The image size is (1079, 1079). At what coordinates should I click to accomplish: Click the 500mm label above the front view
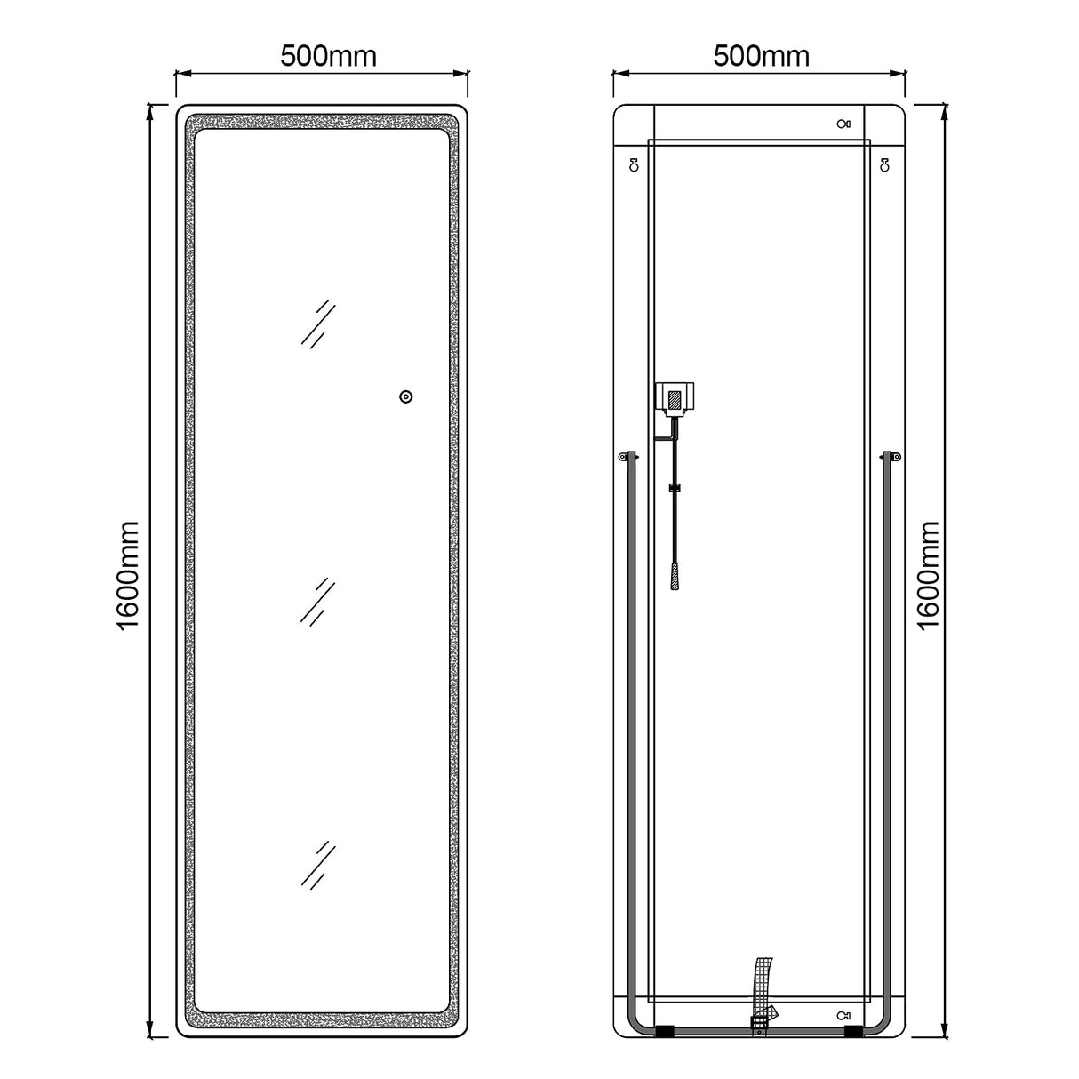(x=329, y=56)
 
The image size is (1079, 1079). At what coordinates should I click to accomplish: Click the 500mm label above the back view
(x=762, y=56)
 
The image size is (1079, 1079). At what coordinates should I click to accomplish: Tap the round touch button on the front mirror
(x=406, y=396)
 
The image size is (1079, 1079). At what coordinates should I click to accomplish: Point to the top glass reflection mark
(x=318, y=323)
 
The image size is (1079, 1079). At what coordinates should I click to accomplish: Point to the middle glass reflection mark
(x=317, y=602)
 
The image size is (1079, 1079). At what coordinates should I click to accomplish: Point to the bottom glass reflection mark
(x=318, y=864)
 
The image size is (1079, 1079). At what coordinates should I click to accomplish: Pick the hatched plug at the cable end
(x=675, y=576)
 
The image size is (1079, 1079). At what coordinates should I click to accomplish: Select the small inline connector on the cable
(x=675, y=487)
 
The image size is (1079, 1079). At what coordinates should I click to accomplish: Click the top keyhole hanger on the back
(x=843, y=124)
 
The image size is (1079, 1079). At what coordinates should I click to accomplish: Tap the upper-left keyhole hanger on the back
(x=634, y=164)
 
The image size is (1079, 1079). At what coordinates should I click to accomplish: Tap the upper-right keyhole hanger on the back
(x=884, y=164)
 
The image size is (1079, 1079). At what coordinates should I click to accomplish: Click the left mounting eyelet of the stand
(x=624, y=457)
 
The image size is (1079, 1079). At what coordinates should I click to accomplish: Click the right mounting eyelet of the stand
(x=894, y=457)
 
